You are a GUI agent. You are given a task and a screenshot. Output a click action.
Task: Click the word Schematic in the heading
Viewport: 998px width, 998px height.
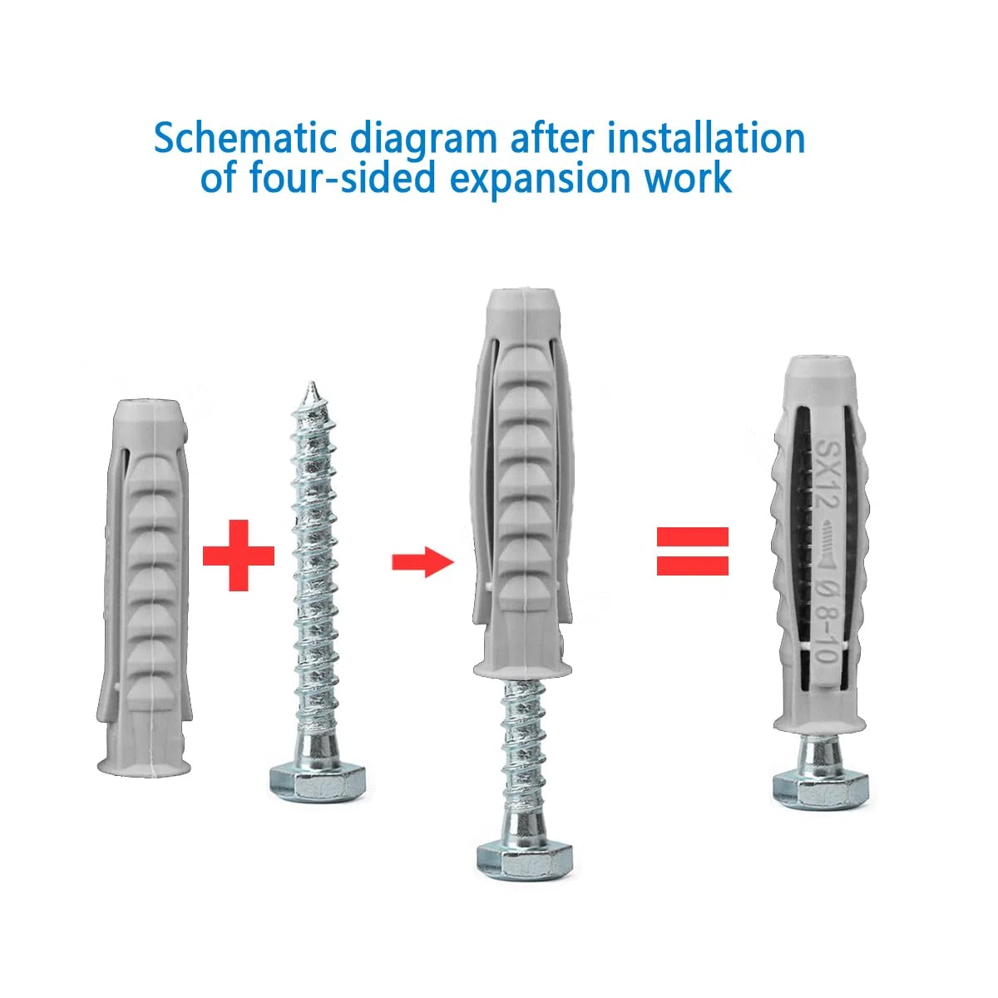click(245, 138)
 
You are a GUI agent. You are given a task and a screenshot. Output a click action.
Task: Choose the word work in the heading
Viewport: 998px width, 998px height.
click(683, 178)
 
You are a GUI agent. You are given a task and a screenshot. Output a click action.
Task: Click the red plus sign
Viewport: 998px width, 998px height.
click(238, 556)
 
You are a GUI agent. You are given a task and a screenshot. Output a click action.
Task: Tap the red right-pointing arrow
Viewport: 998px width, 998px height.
click(422, 561)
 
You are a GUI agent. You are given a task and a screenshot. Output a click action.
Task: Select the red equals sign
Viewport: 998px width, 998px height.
click(693, 551)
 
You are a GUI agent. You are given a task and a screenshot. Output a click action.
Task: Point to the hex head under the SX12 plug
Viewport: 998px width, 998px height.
click(821, 791)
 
